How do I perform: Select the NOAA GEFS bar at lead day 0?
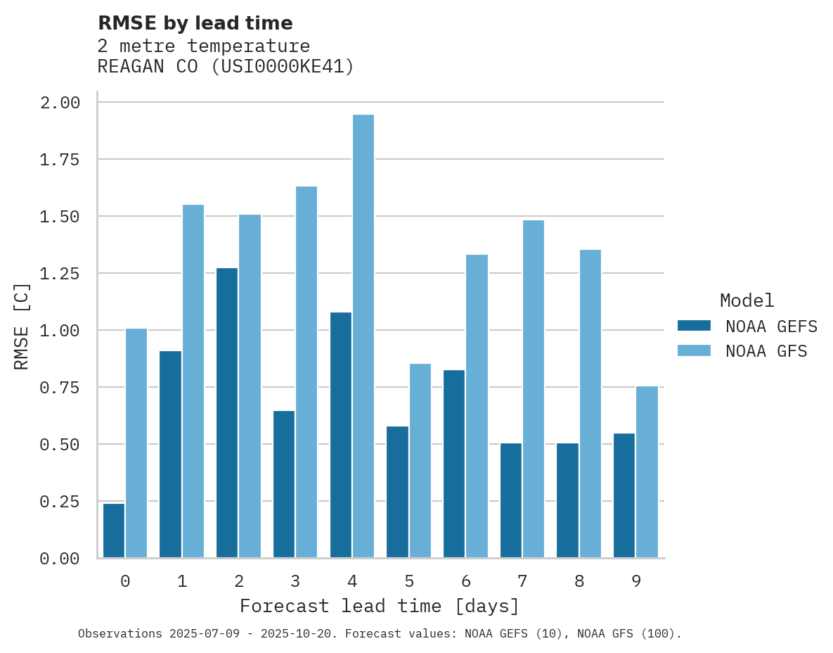[x=114, y=531]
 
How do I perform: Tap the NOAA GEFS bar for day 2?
[x=227, y=413]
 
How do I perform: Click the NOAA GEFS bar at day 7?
[x=511, y=500]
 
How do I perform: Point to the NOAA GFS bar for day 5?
[x=420, y=461]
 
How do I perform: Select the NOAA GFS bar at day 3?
[x=306, y=372]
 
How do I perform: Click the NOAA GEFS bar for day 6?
[x=454, y=464]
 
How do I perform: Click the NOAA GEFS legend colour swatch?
[x=694, y=326]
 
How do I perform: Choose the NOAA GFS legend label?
[x=766, y=351]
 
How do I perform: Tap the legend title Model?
[x=747, y=300]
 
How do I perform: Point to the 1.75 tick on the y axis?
[x=60, y=160]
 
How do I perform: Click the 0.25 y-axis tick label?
[x=60, y=502]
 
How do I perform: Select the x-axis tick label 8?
[x=579, y=581]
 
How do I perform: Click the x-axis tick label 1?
[x=182, y=581]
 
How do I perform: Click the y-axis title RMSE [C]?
[x=22, y=326]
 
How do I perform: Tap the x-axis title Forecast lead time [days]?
[x=380, y=606]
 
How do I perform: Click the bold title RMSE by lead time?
[x=195, y=23]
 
